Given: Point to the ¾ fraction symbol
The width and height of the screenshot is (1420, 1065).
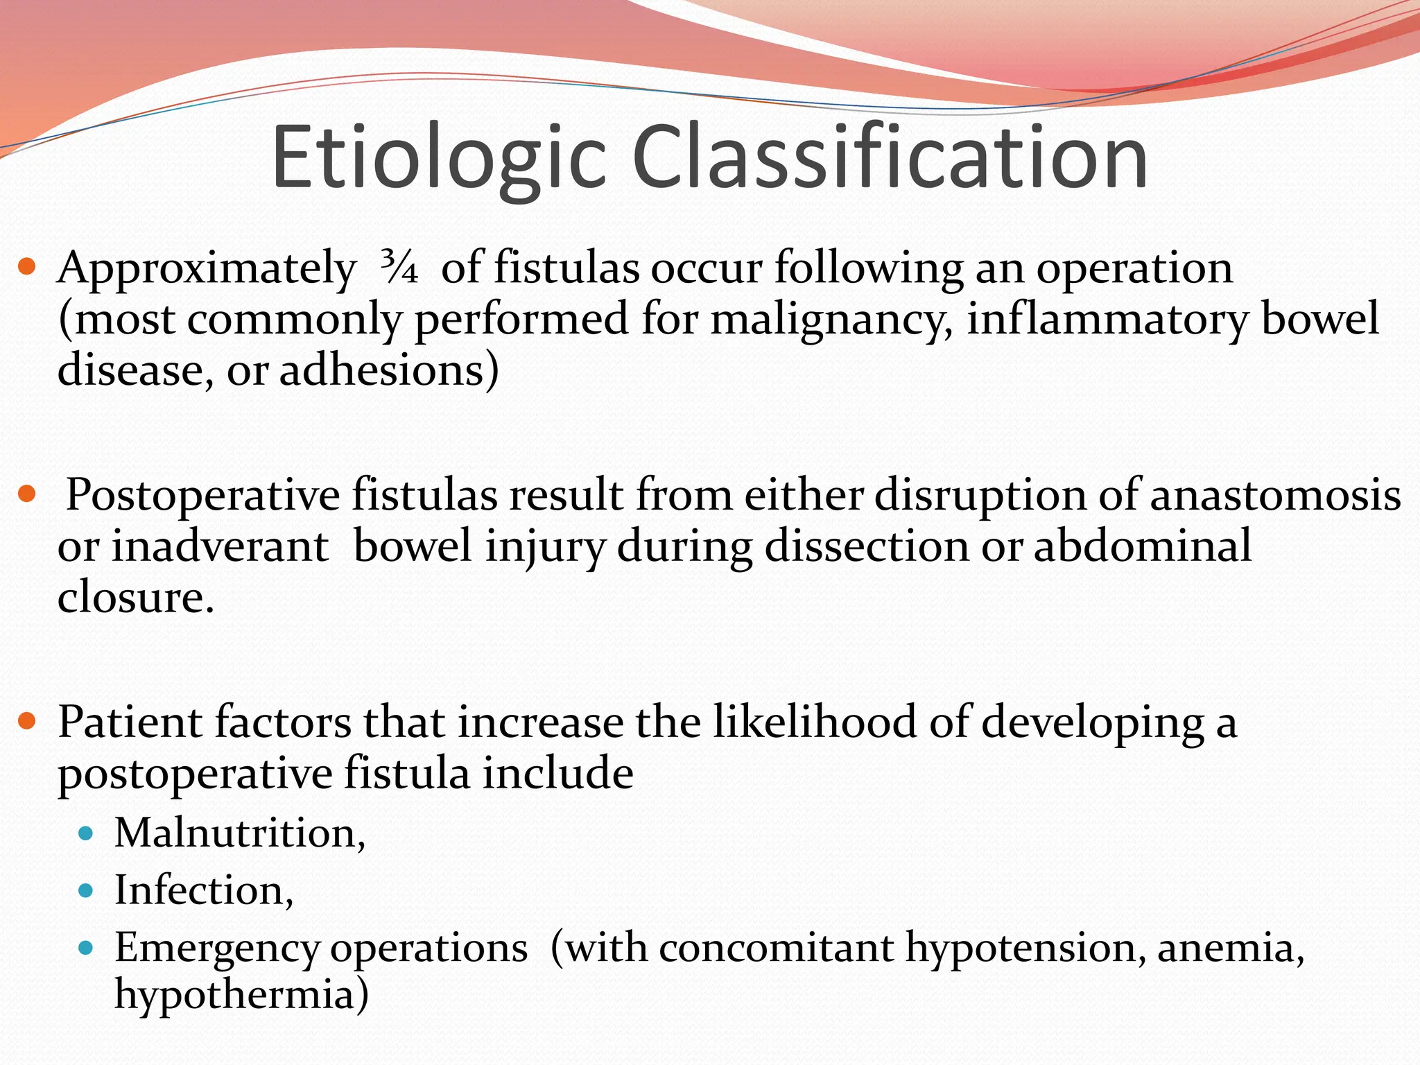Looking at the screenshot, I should click(x=399, y=268).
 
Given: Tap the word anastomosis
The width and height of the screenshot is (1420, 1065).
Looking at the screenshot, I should click(x=1275, y=495).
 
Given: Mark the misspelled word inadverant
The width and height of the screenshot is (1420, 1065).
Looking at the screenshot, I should click(x=220, y=546).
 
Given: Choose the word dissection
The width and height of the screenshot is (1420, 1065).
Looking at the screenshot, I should click(x=867, y=546).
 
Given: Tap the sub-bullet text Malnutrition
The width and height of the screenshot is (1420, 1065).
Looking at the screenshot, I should click(x=239, y=833).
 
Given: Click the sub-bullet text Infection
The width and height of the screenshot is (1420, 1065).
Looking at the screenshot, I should click(x=203, y=890).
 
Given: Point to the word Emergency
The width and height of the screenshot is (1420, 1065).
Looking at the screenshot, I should click(x=216, y=949).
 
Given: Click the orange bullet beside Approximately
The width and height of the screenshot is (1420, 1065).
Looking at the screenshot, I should click(x=26, y=267).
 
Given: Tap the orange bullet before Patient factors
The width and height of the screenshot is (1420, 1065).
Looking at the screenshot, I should click(x=26, y=722).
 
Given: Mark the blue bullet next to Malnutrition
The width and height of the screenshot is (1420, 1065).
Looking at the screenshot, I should click(x=86, y=833).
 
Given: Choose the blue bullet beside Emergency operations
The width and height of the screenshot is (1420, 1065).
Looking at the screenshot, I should click(x=86, y=948).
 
